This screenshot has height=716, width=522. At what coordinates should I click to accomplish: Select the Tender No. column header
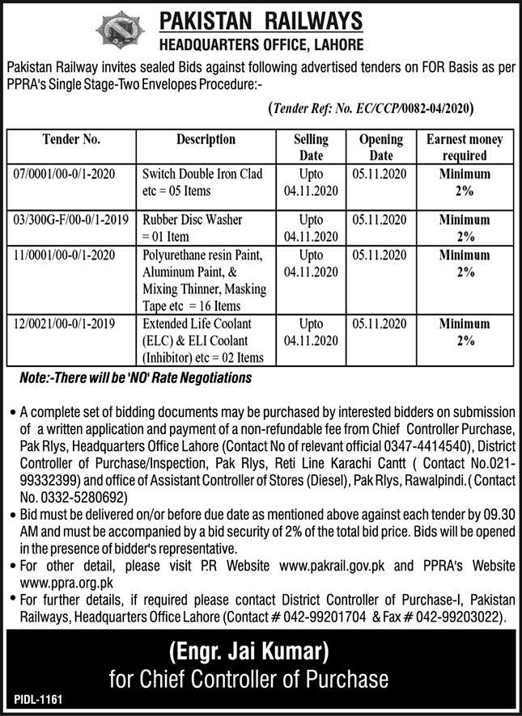coord(71,139)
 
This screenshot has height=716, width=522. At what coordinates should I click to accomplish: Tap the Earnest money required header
coord(465,147)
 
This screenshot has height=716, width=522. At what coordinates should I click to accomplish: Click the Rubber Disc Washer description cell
coord(202,227)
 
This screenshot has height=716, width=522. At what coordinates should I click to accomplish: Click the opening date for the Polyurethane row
coord(380,255)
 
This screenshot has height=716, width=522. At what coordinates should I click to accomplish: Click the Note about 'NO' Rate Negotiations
coord(135,377)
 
